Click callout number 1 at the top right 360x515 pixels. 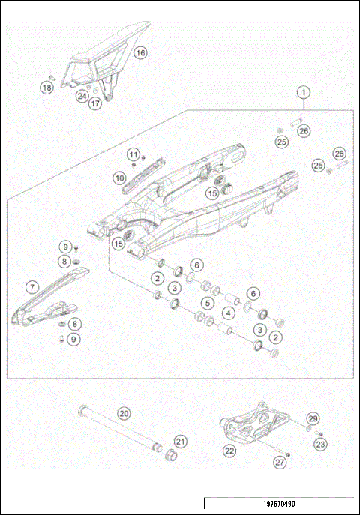pyautogui.click(x=304, y=93)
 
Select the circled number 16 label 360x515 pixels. pyautogui.click(x=141, y=53)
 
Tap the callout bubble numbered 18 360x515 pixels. pyautogui.click(x=46, y=88)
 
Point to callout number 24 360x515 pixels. pyautogui.click(x=82, y=96)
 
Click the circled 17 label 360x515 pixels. pyautogui.click(x=95, y=104)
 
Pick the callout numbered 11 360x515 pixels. pyautogui.click(x=133, y=155)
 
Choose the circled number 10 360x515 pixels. pyautogui.click(x=119, y=178)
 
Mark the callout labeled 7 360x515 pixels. pyautogui.click(x=31, y=286)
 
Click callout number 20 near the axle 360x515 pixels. pyautogui.click(x=124, y=413)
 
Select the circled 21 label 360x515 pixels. pyautogui.click(x=181, y=441)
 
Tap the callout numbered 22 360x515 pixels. pyautogui.click(x=229, y=451)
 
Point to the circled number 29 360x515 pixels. pyautogui.click(x=313, y=418)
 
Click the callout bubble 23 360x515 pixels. pyautogui.click(x=321, y=444)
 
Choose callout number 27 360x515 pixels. pyautogui.click(x=279, y=463)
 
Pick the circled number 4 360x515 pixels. pyautogui.click(x=228, y=312)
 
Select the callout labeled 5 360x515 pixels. pyautogui.click(x=206, y=303)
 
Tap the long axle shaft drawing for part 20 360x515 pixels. pyautogui.click(x=120, y=430)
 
